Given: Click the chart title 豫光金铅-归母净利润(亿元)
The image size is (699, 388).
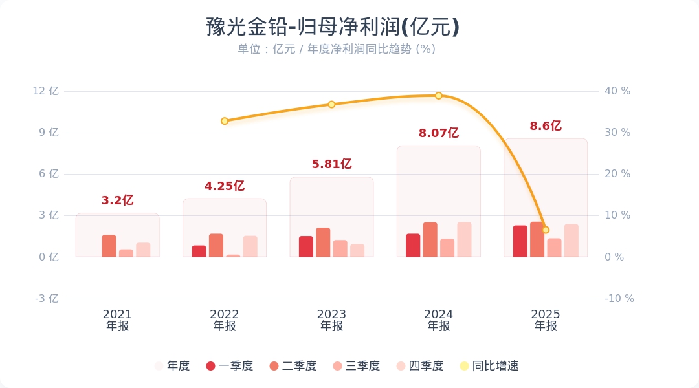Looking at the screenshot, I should point(333,27).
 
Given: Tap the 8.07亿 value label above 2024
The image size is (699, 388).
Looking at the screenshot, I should point(438,133).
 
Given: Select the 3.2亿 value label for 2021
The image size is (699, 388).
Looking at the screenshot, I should point(117,200).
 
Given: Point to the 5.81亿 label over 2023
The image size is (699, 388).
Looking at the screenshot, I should point(331,164).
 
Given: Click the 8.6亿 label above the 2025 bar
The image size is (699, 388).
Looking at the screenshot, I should point(545,126).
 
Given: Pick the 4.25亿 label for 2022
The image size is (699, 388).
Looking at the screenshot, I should point(225,186).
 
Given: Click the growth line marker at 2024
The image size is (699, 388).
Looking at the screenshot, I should point(438,96).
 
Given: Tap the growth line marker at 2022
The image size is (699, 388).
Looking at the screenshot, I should point(225,121).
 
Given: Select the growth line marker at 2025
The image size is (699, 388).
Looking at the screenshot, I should point(546,230).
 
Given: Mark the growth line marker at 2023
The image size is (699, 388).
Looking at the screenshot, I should point(331,104).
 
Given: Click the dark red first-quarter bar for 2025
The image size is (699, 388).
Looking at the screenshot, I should point(520,241).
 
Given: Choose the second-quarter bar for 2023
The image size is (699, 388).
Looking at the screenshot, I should point(323,242).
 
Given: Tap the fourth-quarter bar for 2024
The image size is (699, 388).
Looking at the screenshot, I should point(464,240).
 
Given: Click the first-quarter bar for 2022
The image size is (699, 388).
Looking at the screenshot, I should point(199,251).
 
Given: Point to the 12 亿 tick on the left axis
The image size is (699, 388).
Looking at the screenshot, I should point(45,91).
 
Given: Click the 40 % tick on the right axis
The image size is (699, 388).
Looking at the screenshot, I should point(617,91).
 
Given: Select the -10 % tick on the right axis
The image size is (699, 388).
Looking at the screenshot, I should point(619,299).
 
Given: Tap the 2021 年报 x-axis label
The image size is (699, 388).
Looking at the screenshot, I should point(117,320).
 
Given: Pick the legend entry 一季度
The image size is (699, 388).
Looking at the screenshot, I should point(229,366).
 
